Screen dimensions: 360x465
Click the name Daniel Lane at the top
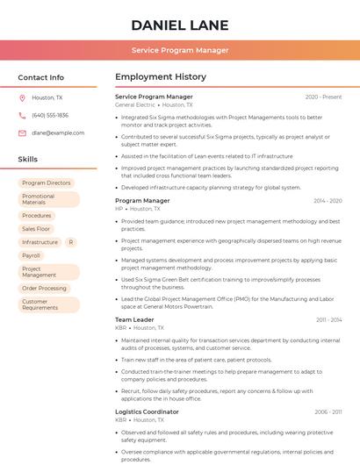click(x=180, y=25)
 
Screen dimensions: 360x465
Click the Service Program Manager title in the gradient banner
click(x=180, y=50)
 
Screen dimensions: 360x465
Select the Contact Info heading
click(x=41, y=77)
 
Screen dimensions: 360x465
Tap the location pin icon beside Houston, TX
click(x=22, y=97)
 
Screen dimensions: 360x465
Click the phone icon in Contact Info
click(x=22, y=115)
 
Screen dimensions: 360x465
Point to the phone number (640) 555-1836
click(x=50, y=115)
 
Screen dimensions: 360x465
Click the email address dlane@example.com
click(x=58, y=132)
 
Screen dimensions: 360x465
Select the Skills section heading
click(x=28, y=159)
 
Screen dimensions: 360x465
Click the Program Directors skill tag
click(x=47, y=183)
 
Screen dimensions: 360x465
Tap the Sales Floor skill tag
click(x=36, y=229)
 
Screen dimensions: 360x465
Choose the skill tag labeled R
click(x=70, y=242)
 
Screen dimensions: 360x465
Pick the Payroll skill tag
click(x=32, y=255)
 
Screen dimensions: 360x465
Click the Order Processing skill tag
click(x=44, y=288)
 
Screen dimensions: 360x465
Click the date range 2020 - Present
click(x=323, y=97)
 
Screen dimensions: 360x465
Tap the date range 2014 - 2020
click(x=328, y=201)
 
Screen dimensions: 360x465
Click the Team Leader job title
click(x=134, y=319)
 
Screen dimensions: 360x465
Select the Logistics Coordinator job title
click(x=147, y=411)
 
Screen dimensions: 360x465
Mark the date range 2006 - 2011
click(x=328, y=411)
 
